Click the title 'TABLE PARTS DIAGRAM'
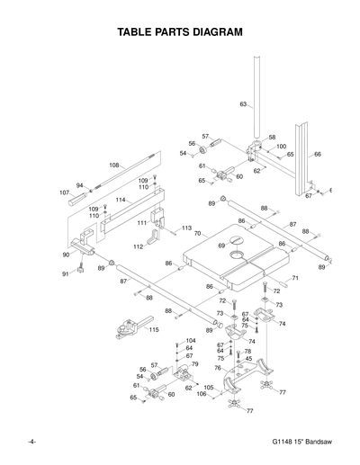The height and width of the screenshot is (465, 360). [x=181, y=33]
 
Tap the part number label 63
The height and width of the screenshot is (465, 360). [x=243, y=105]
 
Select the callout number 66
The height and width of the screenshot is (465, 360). [x=317, y=155]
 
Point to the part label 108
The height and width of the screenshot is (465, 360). [x=114, y=165]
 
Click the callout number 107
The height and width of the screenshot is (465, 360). [x=65, y=192]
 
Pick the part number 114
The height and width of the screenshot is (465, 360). [x=120, y=199]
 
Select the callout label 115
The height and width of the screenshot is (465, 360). [x=154, y=330]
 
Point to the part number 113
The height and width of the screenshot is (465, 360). [x=186, y=228]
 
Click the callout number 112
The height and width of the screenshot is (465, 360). [x=138, y=246]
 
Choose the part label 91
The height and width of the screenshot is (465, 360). [x=66, y=273]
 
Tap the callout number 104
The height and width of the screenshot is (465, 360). [x=190, y=341]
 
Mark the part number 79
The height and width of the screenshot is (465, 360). [x=194, y=364]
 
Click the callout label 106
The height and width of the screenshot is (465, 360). [x=201, y=394]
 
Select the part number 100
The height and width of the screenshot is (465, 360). [x=281, y=146]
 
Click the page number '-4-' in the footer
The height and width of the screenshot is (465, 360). [x=31, y=443]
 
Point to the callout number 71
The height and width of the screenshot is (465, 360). [x=294, y=279]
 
